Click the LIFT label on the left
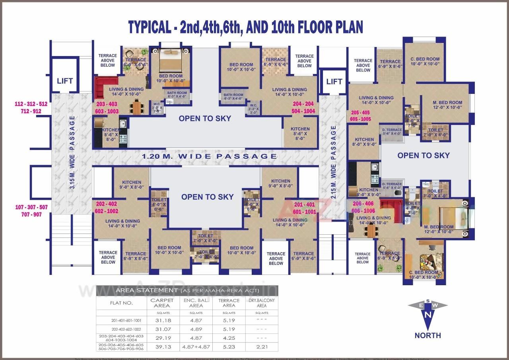pos(65,81)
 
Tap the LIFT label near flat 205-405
pos(334,82)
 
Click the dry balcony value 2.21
pos(261,346)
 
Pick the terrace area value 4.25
pos(229,338)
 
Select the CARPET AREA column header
pos(162,303)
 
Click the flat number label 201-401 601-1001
pos(305,208)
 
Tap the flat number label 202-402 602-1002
pos(107,208)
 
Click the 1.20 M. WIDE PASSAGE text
pos(210,156)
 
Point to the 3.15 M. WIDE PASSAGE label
pos(72,154)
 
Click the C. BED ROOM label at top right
pos(425,61)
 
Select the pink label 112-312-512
pos(31,104)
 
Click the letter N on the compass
pos(427,315)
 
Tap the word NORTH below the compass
pos(427,335)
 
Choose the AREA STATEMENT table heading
pos(146,290)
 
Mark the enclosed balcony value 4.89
pos(196,329)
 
